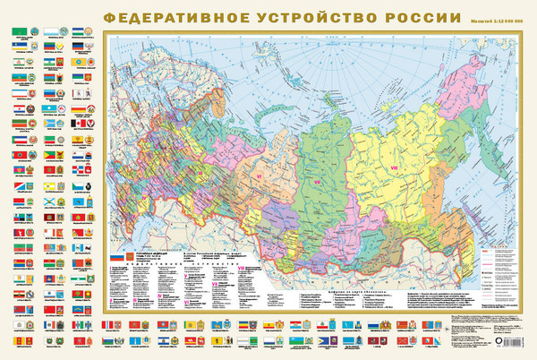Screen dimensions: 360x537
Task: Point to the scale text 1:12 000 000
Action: point(504,19)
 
